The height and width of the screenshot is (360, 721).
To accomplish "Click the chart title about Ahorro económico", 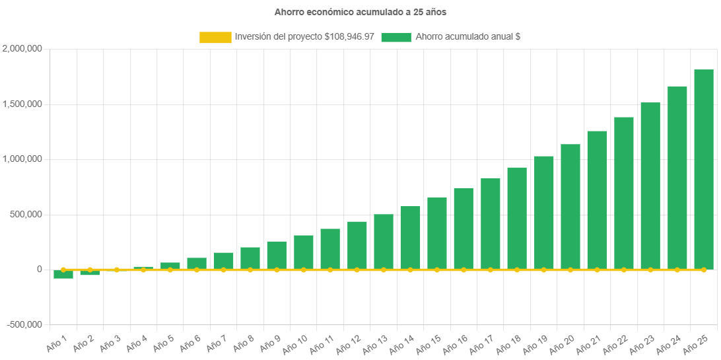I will (x=360, y=12).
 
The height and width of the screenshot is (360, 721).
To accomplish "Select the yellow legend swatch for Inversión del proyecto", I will (x=215, y=38).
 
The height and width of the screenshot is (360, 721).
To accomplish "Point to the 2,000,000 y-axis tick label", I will (x=23, y=49).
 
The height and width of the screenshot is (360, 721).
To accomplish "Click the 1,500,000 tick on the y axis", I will (x=23, y=104).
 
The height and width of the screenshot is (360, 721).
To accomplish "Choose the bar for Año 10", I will (x=304, y=252).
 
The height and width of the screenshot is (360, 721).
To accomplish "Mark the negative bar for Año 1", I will (x=63, y=274).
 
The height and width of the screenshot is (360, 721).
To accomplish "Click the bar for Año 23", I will (x=650, y=186).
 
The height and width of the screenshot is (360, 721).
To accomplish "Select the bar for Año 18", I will (x=517, y=218).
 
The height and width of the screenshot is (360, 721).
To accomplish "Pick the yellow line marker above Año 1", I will (x=63, y=270).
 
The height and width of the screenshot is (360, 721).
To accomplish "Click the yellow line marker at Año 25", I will (x=704, y=270).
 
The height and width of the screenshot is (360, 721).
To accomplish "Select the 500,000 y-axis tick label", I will (x=25, y=215).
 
